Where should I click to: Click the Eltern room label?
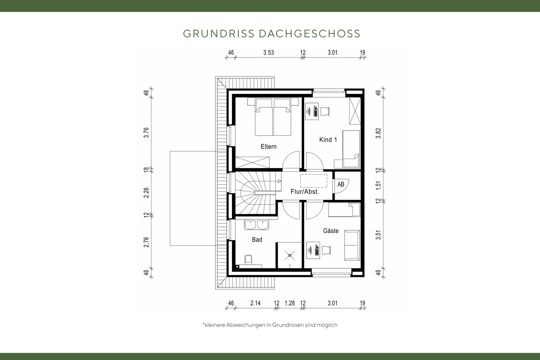click(x=269, y=147)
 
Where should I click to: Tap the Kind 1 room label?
click(x=328, y=140)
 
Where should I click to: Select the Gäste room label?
click(x=331, y=231)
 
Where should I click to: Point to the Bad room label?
click(x=257, y=239)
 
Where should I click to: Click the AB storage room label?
click(x=341, y=184)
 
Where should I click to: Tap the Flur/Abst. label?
click(x=305, y=192)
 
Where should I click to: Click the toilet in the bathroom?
click(x=248, y=260)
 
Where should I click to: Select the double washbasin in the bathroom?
click(x=257, y=225)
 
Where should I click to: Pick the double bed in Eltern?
click(x=273, y=117)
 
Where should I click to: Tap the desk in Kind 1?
click(x=312, y=111)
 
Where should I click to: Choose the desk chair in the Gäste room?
click(x=326, y=250)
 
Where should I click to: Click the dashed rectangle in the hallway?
click(x=314, y=181)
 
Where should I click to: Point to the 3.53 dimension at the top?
click(x=269, y=53)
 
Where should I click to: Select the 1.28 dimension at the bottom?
click(x=290, y=303)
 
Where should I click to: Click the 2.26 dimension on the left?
click(x=146, y=193)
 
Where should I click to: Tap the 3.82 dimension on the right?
click(x=378, y=133)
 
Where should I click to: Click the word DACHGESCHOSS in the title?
click(x=310, y=34)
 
